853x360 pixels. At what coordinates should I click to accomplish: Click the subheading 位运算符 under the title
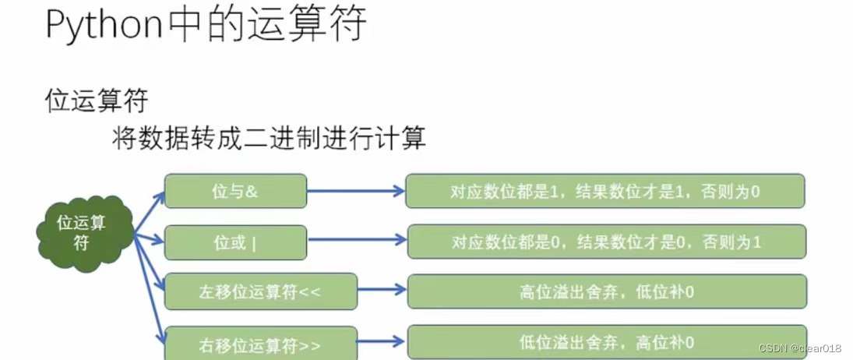tap(97, 101)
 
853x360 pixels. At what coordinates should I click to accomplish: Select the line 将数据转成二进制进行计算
tap(269, 139)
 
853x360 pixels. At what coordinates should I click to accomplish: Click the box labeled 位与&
tap(235, 191)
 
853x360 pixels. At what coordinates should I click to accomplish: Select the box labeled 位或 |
tap(235, 242)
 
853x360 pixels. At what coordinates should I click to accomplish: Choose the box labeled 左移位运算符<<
tap(260, 291)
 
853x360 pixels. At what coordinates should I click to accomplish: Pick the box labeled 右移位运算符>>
tap(260, 344)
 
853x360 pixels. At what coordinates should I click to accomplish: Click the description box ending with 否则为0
tap(605, 191)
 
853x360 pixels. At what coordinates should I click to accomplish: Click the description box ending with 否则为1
tap(606, 242)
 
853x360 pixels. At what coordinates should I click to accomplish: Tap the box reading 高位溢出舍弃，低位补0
tap(606, 291)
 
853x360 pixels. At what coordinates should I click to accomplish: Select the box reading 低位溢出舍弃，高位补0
tap(606, 341)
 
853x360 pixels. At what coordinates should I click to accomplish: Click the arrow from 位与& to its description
tap(355, 190)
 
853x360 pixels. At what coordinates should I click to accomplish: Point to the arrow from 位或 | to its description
tap(357, 241)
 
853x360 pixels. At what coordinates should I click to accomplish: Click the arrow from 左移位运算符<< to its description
tap(382, 290)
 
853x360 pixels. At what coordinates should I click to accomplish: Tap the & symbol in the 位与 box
tap(252, 191)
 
